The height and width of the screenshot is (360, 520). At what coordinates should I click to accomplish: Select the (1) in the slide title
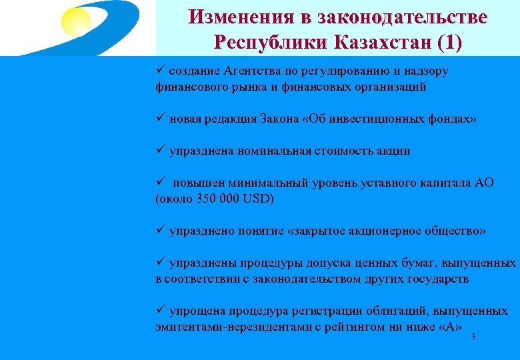(448, 41)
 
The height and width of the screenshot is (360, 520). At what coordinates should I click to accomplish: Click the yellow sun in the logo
(77, 20)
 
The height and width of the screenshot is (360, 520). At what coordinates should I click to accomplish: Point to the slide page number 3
(473, 337)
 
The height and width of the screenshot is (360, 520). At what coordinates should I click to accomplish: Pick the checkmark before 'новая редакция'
(160, 118)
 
